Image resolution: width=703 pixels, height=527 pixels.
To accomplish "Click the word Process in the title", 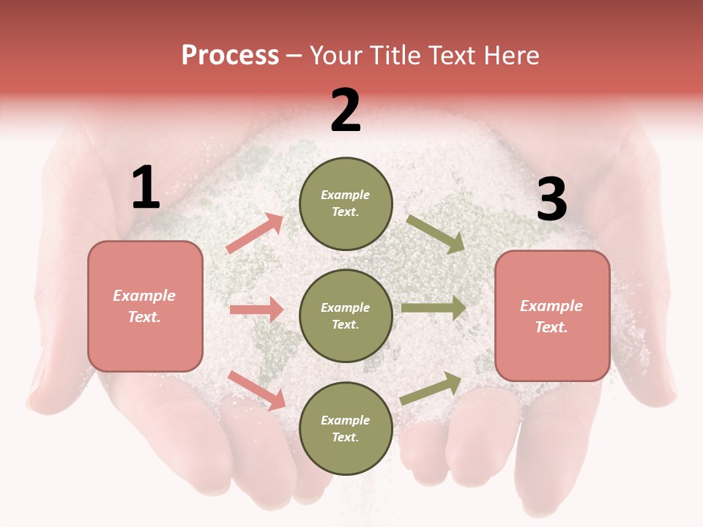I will [x=230, y=56].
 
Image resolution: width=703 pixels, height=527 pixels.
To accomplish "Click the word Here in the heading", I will [x=511, y=56].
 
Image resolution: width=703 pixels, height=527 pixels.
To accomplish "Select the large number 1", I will [x=146, y=188].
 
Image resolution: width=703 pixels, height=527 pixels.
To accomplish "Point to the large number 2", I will [x=346, y=111].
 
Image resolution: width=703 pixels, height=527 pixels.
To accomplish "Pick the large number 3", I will [x=551, y=199].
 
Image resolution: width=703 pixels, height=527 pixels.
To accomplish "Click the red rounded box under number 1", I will [x=145, y=306].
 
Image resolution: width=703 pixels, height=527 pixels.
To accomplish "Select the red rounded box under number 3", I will [x=552, y=316].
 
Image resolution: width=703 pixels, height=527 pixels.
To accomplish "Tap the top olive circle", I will [x=346, y=203].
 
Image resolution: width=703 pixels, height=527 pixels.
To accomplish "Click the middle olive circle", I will [x=346, y=315].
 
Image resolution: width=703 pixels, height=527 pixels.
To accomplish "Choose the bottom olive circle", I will [x=346, y=428].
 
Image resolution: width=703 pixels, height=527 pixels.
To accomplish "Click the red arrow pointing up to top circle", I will [x=255, y=233].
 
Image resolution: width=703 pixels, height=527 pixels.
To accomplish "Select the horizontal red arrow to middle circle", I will [x=256, y=310].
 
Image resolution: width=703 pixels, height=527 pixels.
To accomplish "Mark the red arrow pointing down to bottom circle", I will [x=256, y=389].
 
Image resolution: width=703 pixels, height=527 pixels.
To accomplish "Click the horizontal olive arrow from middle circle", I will [x=434, y=308].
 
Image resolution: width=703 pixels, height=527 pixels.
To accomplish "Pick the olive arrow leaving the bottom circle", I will [x=431, y=388].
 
